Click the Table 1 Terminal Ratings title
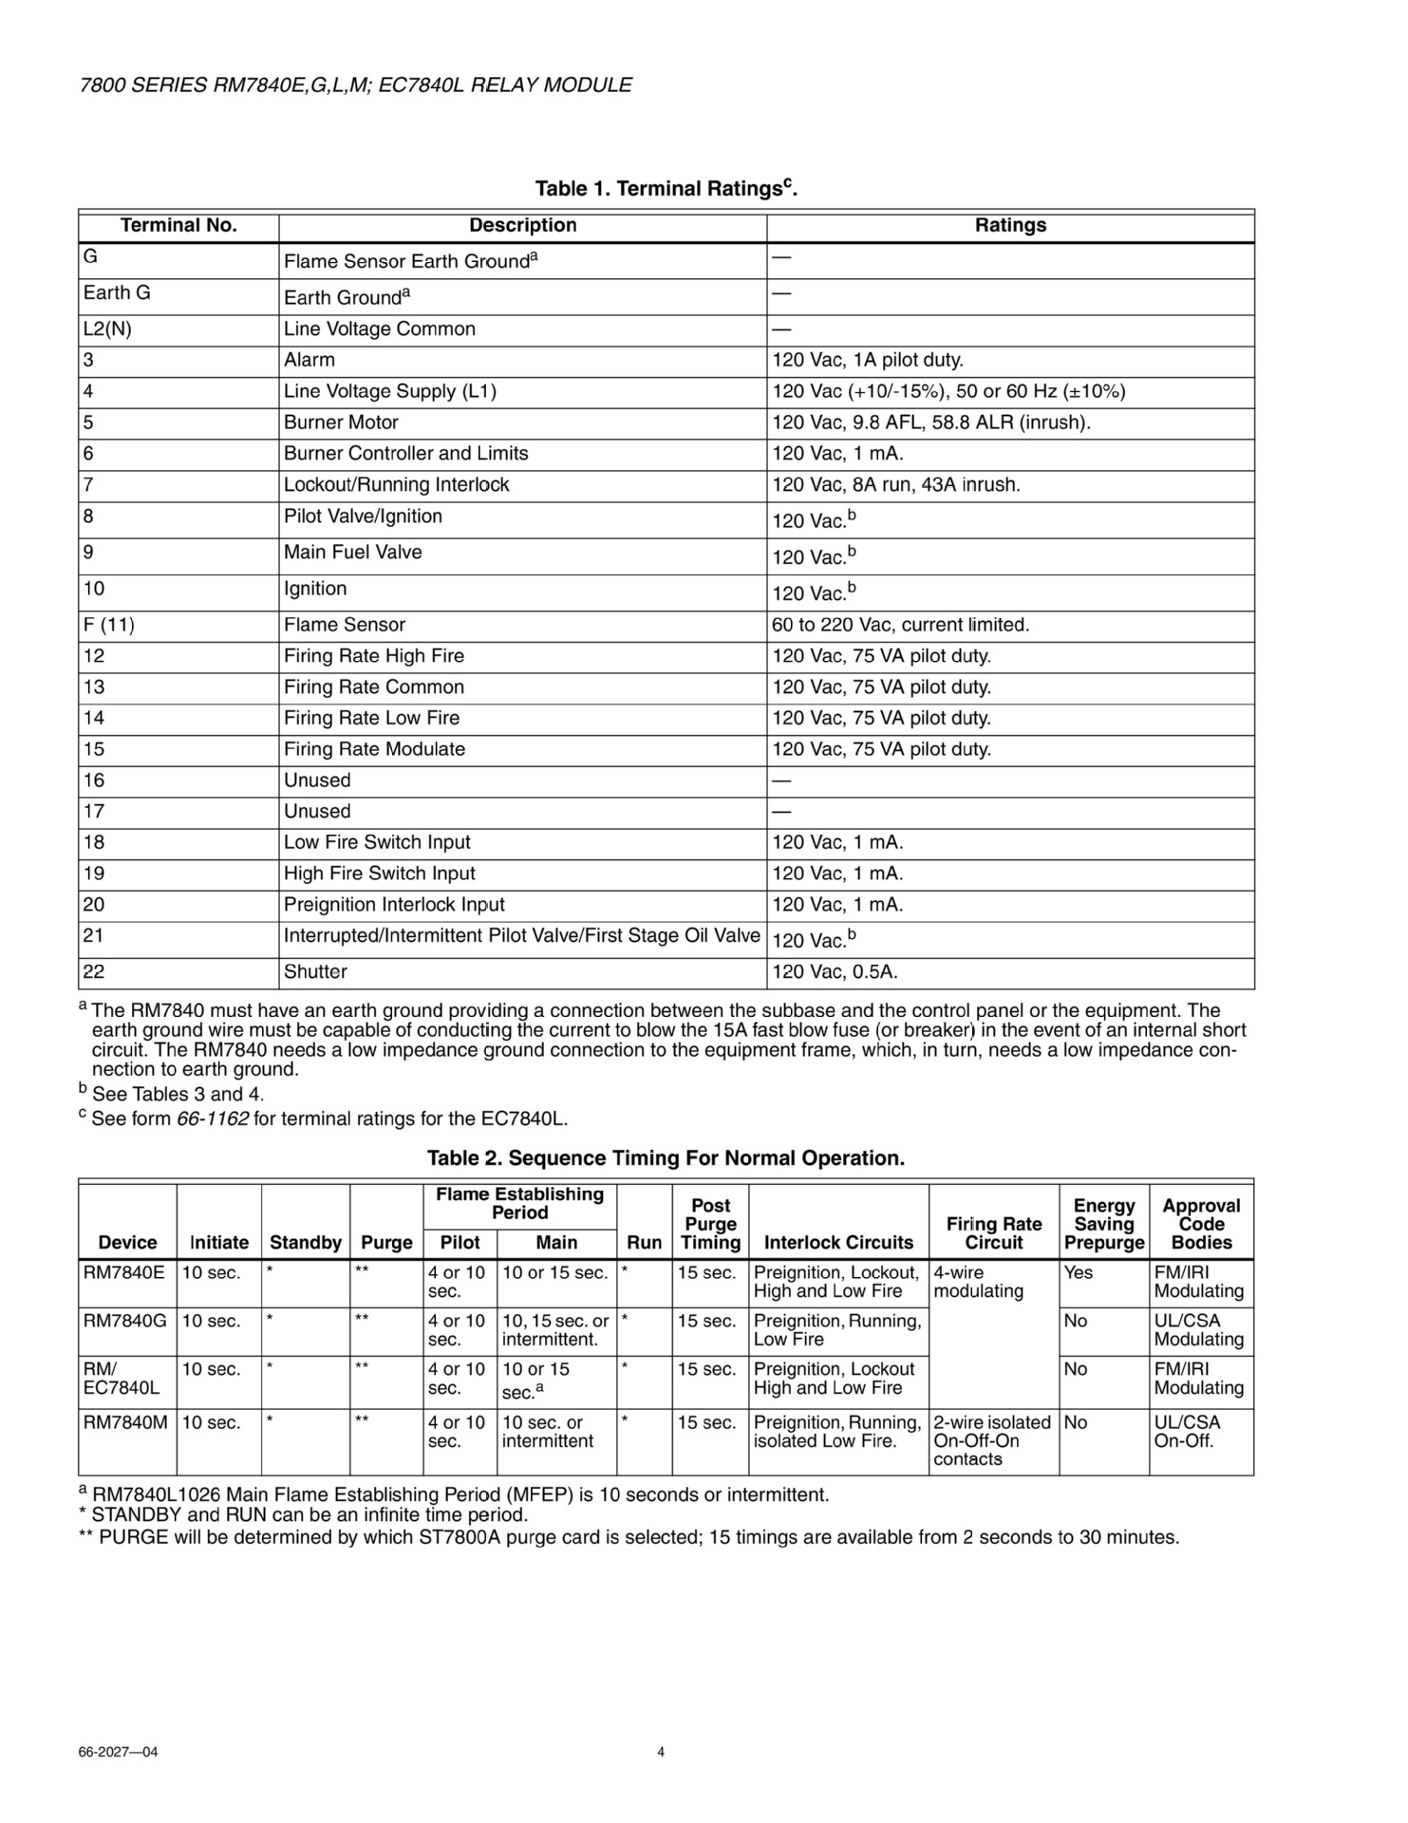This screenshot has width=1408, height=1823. [x=666, y=188]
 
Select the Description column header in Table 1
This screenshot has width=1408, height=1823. [x=522, y=226]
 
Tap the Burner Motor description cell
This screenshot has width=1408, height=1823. [x=341, y=423]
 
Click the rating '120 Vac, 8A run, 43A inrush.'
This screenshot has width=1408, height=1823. [x=895, y=485]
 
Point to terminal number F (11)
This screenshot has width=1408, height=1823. [x=108, y=625]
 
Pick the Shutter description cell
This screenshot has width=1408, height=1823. [x=315, y=972]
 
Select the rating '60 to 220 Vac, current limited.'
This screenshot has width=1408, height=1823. [x=900, y=625]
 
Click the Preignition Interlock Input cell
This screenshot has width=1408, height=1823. [x=394, y=905]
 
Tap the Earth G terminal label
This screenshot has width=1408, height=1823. [x=117, y=292]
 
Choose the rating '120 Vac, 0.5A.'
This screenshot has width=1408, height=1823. [x=835, y=972]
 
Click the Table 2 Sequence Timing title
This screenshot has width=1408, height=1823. [x=666, y=1158]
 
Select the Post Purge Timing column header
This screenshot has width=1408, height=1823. [x=710, y=1224]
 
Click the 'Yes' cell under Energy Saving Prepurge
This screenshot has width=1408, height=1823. [x=1079, y=1273]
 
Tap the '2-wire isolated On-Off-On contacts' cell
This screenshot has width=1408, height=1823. [x=992, y=1440]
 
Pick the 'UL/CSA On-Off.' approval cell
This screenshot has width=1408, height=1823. [x=1187, y=1431]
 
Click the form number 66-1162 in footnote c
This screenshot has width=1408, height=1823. [x=213, y=1118]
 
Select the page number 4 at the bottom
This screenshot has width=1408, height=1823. [x=661, y=1752]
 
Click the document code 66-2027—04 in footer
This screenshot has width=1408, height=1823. [x=118, y=1752]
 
